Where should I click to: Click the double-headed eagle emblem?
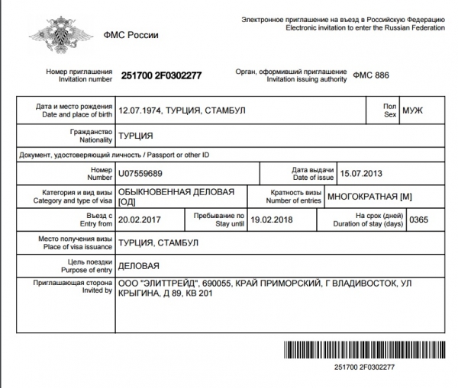pos(52,34)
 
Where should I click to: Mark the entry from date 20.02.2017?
pos(143,220)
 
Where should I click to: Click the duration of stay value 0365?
pos(421,220)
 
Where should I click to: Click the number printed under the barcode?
pos(365,367)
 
